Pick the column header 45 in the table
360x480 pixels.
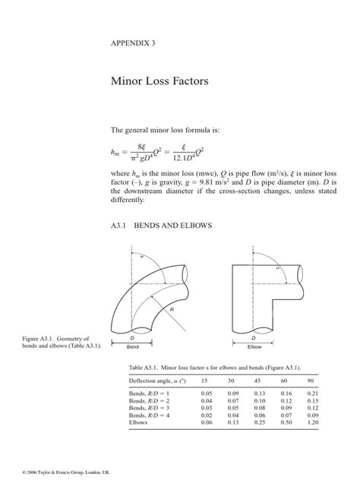[x=257, y=380]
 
